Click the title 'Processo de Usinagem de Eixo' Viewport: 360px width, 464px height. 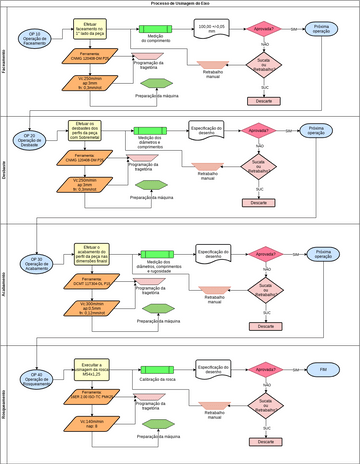pos(180,4)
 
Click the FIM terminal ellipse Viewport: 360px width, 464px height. pos(323,369)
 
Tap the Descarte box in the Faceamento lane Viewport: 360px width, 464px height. pos(264,101)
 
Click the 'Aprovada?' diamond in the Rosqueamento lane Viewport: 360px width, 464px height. pos(264,369)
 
